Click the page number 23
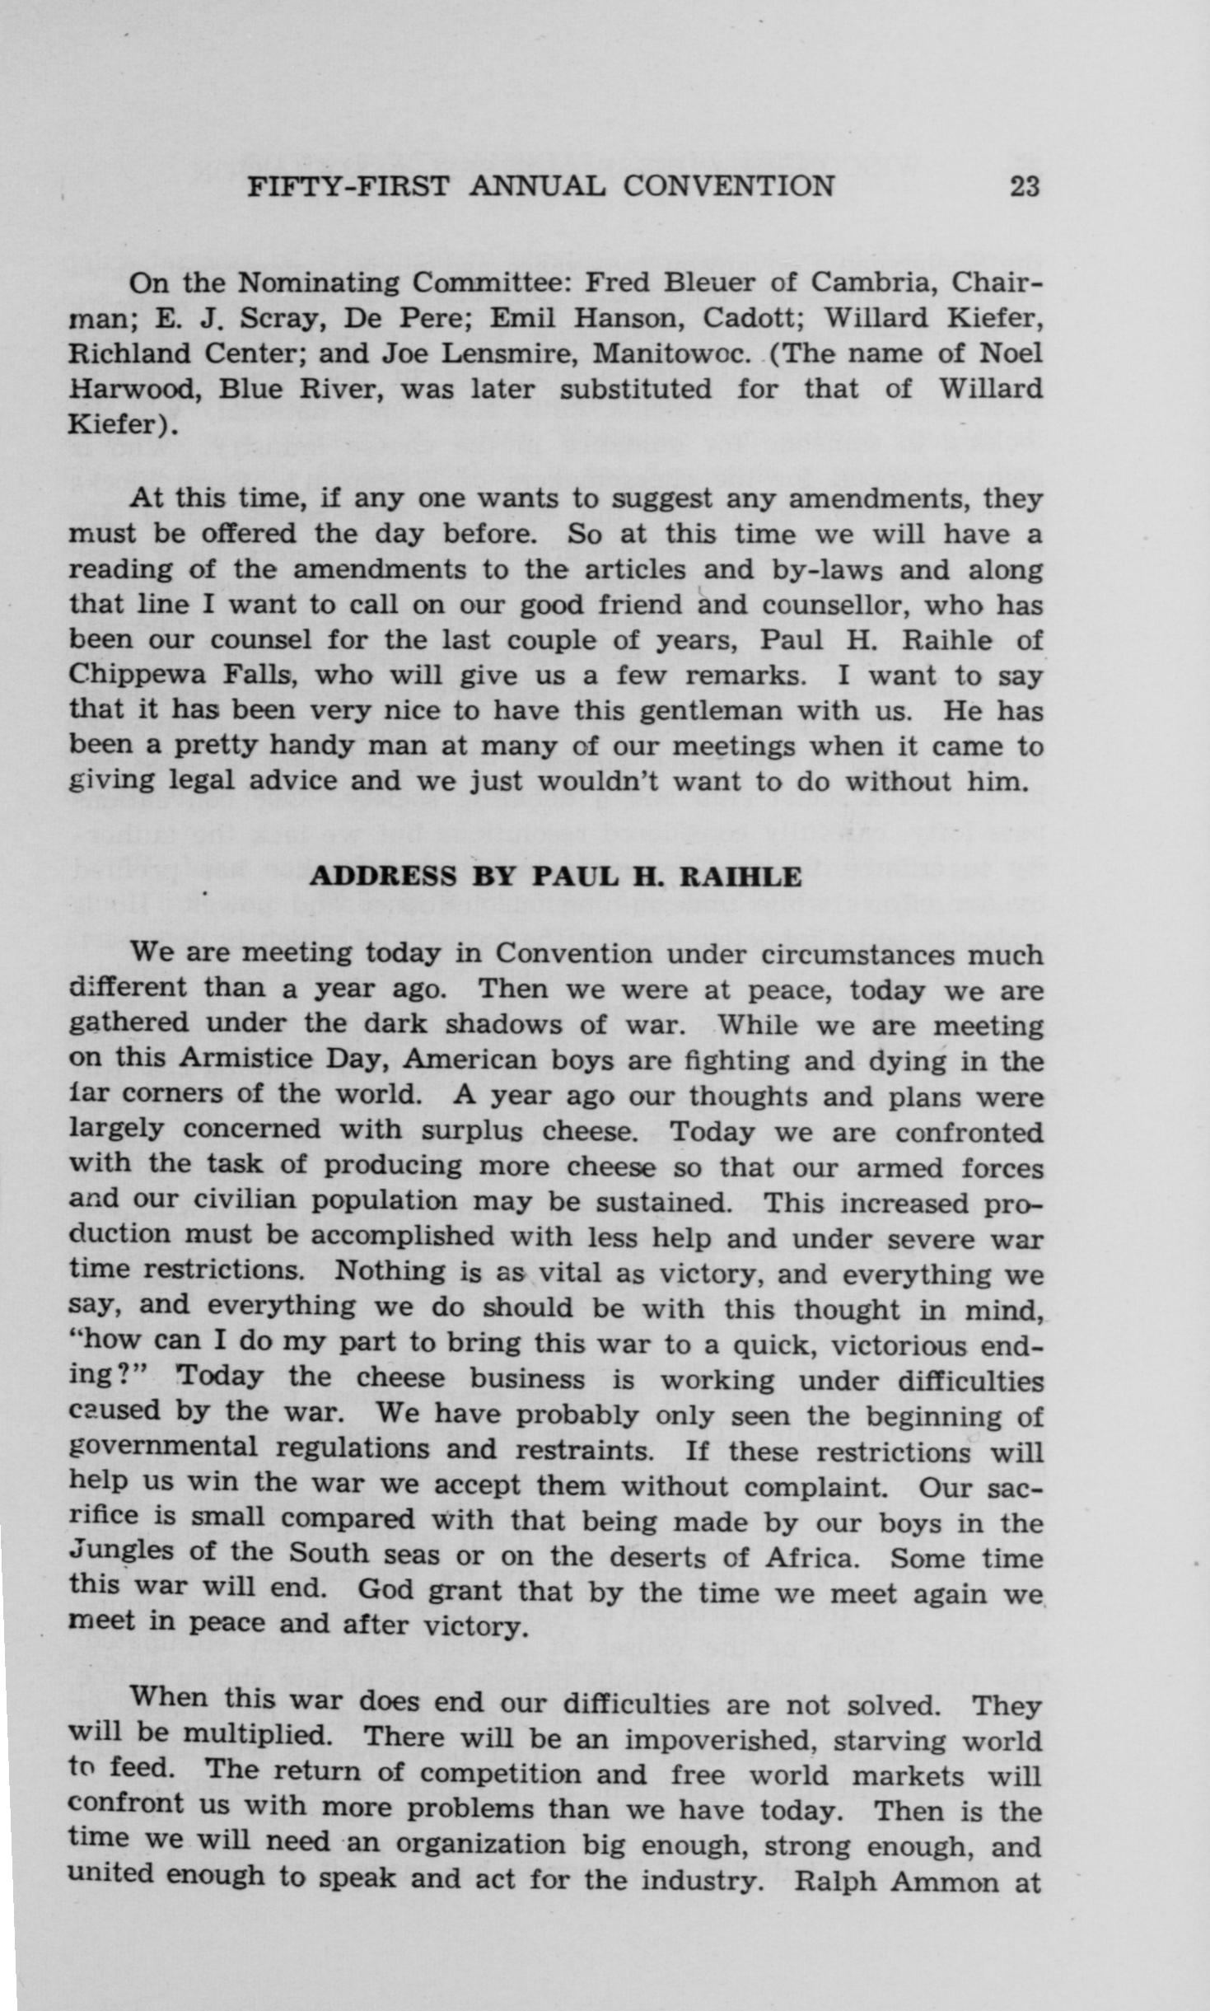pyautogui.click(x=1024, y=186)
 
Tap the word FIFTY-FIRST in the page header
pyautogui.click(x=349, y=186)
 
